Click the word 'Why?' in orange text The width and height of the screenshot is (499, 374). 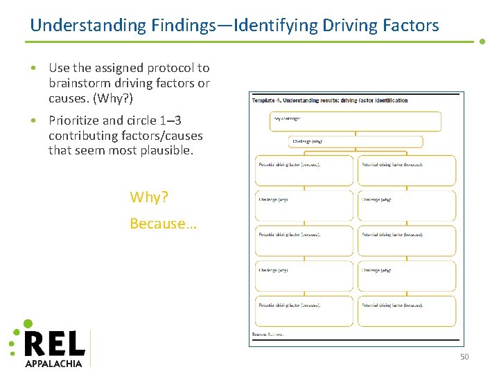(149, 197)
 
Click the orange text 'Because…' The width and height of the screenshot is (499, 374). (164, 224)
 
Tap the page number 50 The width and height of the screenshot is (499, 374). (464, 357)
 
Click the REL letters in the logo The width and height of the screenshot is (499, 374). (55, 344)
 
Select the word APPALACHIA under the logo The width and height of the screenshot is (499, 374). (54, 363)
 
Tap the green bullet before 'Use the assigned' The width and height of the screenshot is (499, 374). (34, 68)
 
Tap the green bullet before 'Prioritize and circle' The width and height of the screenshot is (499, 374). (34, 121)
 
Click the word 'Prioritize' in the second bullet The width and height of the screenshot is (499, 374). (74, 121)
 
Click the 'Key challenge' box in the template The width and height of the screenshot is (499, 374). (355, 121)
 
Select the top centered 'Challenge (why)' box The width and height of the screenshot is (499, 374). (356, 142)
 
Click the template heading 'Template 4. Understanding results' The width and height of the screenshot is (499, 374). (329, 100)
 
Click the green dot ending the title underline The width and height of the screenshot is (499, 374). (482, 42)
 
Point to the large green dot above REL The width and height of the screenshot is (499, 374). (28, 323)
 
